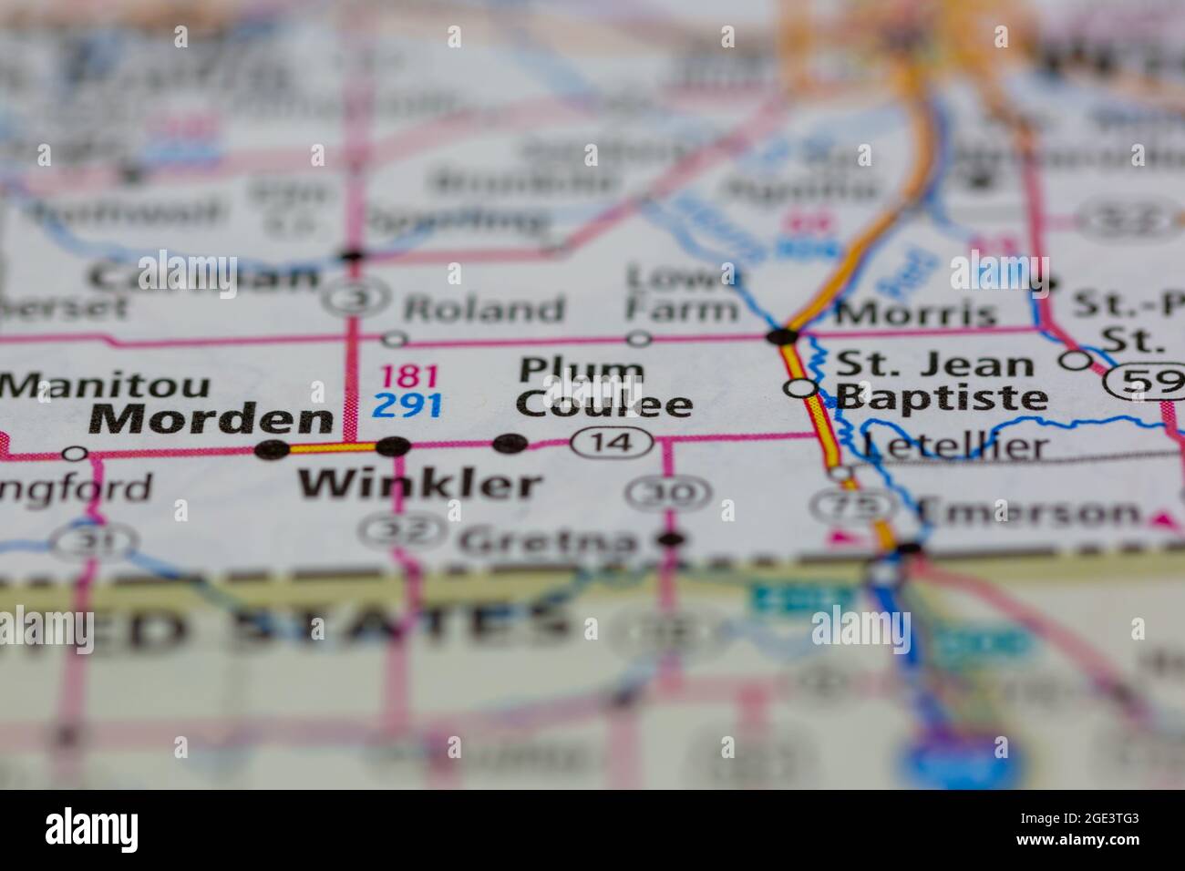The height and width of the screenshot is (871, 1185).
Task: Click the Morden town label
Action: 211,420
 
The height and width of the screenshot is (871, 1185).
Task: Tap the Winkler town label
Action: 420,484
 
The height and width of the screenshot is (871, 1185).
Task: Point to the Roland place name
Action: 485,309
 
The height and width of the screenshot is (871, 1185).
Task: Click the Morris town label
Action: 915,313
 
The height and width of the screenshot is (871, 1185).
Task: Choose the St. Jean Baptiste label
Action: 939,381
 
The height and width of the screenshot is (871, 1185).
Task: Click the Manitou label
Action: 106,385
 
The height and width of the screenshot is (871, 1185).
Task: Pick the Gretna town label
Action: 548,541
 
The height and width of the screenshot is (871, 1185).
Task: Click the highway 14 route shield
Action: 613,444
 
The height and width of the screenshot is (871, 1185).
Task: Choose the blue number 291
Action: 407,404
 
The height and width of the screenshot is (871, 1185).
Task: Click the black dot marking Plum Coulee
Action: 510,444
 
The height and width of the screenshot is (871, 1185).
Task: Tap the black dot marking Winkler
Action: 394,446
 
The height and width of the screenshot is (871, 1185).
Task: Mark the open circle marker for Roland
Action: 394,339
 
